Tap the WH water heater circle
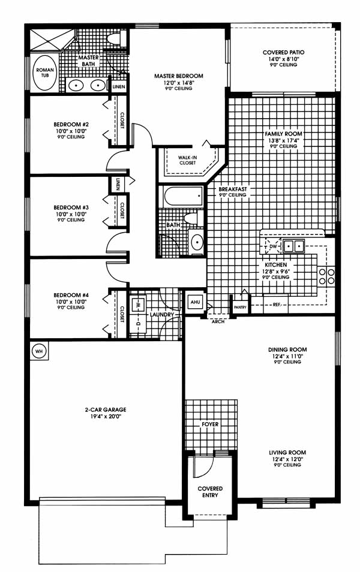(x=39, y=351)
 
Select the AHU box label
(x=196, y=302)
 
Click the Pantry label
(x=240, y=308)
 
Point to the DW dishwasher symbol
(x=274, y=246)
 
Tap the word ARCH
(x=218, y=321)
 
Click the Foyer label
(x=210, y=425)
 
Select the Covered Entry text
(x=210, y=492)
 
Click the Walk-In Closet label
(x=187, y=160)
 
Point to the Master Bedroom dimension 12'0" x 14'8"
(x=179, y=83)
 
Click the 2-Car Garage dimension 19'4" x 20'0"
(x=106, y=416)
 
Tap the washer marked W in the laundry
(x=138, y=303)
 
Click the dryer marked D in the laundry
(x=139, y=323)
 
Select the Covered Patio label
(x=283, y=52)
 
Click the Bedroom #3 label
(x=71, y=207)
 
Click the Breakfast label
(x=233, y=189)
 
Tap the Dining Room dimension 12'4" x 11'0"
(x=287, y=356)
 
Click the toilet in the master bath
(x=116, y=39)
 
